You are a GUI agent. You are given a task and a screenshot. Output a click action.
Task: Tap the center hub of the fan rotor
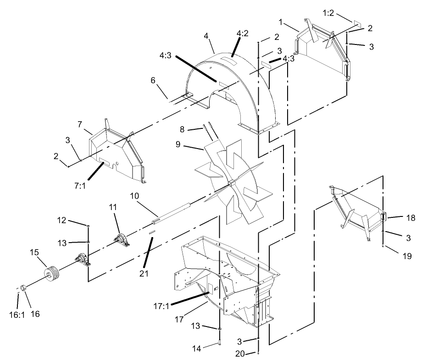(231, 183)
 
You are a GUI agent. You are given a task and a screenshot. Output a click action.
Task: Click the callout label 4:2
(243, 34)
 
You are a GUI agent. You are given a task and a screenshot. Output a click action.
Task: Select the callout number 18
(397, 219)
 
